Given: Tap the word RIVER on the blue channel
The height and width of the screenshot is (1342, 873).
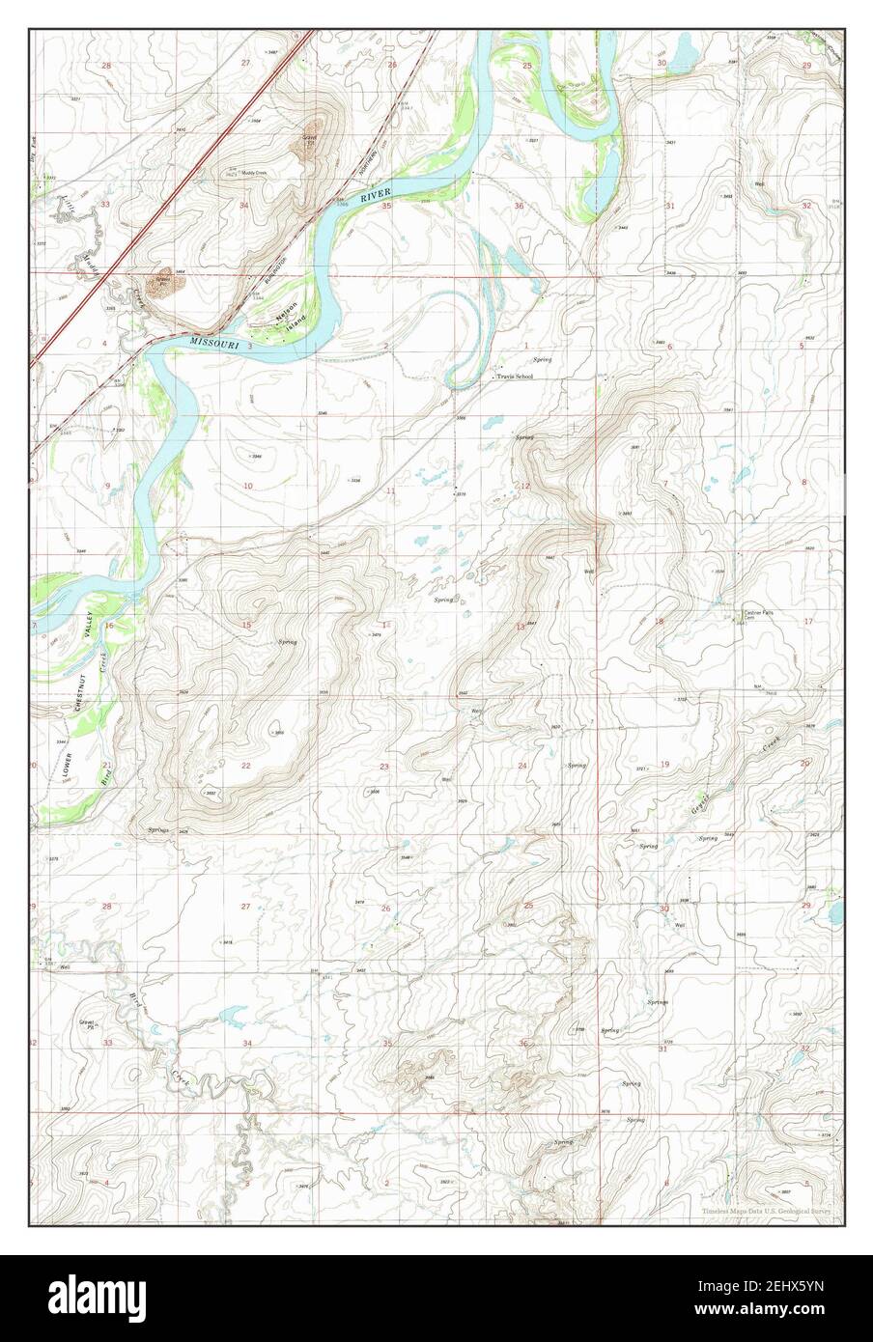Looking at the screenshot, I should pyautogui.click(x=369, y=198).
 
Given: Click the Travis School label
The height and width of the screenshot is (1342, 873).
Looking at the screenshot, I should pyautogui.click(x=514, y=377).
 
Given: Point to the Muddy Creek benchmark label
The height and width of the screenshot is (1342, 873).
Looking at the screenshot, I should pyautogui.click(x=253, y=174).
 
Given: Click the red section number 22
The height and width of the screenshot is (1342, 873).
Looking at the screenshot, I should pyautogui.click(x=246, y=766).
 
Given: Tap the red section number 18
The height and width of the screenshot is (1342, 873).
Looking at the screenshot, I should pyautogui.click(x=660, y=621).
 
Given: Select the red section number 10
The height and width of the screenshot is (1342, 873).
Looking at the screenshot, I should pyautogui.click(x=247, y=486).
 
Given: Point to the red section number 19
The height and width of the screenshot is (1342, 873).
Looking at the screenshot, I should pyautogui.click(x=664, y=765).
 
